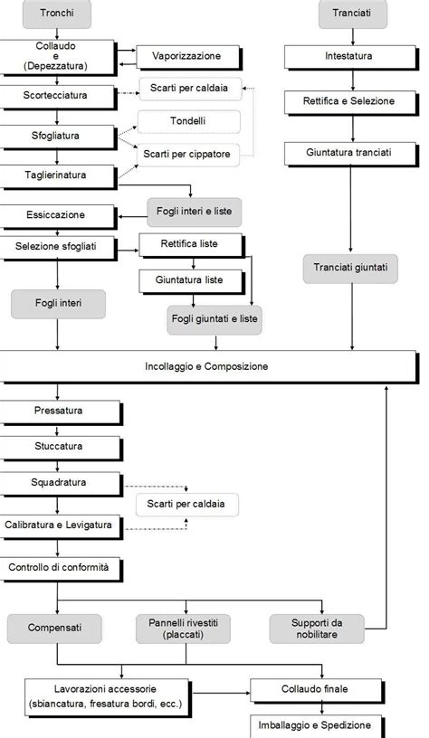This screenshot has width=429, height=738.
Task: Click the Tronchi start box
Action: tap(57, 14)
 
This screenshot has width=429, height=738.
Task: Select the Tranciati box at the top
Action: tap(352, 14)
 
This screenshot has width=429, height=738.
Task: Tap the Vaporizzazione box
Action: tap(191, 57)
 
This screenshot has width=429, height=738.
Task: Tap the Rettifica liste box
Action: tap(191, 244)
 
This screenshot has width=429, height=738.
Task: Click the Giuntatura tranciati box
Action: tap(349, 152)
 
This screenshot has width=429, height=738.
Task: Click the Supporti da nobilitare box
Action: tap(317, 628)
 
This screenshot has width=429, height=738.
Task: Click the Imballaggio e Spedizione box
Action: tap(323, 725)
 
